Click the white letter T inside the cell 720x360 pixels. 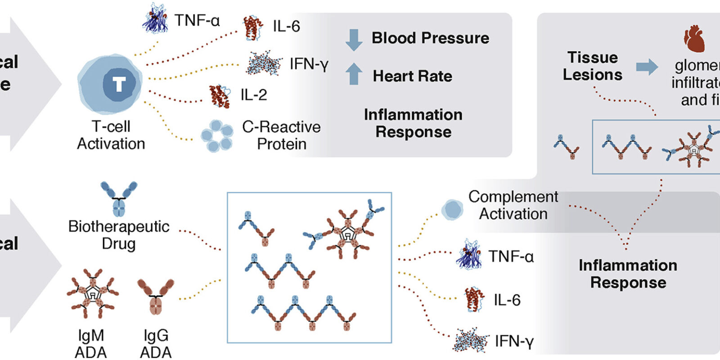click(119, 84)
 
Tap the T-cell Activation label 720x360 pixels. click(111, 135)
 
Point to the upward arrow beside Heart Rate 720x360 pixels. click(354, 74)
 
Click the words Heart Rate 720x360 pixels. click(412, 76)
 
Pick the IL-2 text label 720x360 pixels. click(253, 95)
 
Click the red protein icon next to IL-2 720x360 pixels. click(219, 96)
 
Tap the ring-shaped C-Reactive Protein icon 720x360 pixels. click(217, 135)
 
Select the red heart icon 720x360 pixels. click(694, 39)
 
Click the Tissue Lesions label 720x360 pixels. click(592, 66)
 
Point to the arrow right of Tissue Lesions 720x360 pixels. click(647, 67)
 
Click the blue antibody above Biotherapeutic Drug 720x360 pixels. click(119, 198)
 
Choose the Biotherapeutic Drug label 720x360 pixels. click(118, 234)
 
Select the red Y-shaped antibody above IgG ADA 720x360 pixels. click(156, 296)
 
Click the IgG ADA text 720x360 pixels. click(156, 344)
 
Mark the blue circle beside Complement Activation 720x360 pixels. click(452, 209)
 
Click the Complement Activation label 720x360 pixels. click(513, 205)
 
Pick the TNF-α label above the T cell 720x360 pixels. click(197, 21)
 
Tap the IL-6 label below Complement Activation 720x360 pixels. click(507, 300)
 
